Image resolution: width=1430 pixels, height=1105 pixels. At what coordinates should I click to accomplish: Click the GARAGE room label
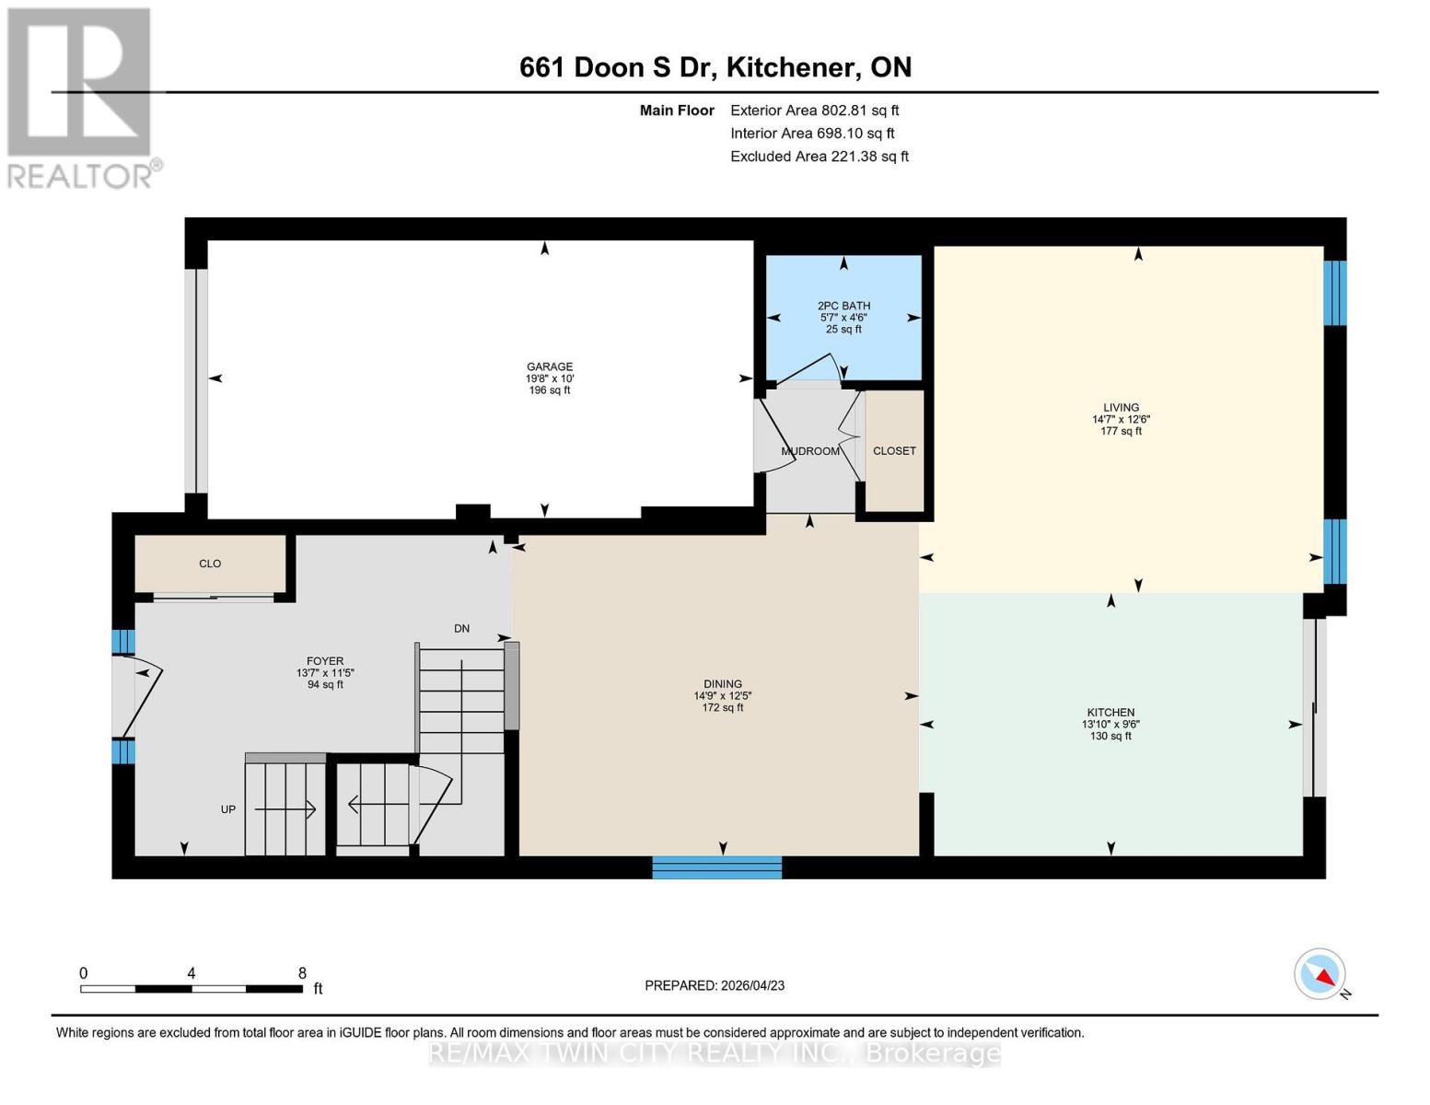550,366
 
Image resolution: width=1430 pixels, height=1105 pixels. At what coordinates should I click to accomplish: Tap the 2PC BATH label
843,306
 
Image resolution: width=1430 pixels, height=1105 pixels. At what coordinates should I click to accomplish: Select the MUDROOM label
810,451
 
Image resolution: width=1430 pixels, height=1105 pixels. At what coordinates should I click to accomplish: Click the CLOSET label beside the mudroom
894,451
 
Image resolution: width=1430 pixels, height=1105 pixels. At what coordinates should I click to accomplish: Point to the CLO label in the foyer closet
210,564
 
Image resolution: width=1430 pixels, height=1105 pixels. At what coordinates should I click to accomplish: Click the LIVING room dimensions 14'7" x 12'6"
1121,419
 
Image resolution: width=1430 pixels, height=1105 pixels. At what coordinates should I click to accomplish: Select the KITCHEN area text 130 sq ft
1110,736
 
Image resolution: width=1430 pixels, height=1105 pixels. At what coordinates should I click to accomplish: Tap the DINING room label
723,684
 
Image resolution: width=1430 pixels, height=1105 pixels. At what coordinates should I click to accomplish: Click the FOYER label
325,661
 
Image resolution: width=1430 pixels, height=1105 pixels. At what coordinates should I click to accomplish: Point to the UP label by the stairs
228,809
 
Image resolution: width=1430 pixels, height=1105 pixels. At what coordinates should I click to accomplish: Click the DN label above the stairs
461,629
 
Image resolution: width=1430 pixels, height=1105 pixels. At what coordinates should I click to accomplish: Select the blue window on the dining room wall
716,867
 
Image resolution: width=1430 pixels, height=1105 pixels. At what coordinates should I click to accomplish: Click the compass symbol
1320,974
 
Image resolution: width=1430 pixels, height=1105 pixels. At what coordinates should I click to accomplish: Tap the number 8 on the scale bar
302,973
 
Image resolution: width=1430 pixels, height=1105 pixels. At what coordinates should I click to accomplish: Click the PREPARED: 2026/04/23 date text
715,985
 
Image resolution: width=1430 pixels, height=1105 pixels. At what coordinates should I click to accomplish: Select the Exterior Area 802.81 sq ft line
814,110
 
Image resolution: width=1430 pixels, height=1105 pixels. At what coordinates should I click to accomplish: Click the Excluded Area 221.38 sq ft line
819,157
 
